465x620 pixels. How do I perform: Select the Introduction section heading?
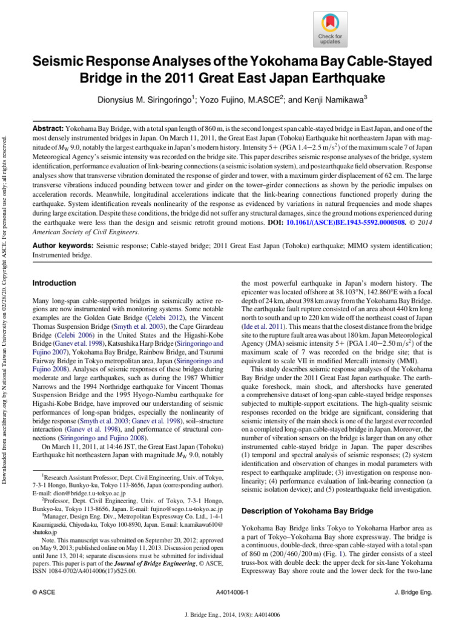[x=54, y=283]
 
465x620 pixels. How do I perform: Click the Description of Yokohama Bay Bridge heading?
[x=306, y=511]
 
